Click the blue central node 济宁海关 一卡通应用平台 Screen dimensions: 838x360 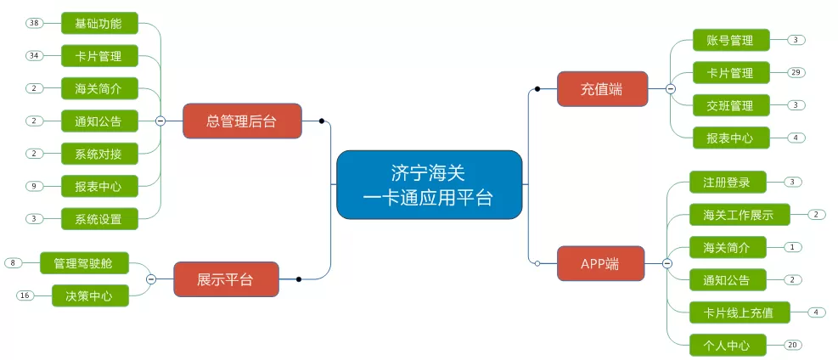click(429, 185)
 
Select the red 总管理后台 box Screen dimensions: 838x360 click(242, 121)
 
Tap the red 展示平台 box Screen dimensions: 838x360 click(226, 279)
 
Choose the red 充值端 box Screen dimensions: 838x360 click(602, 88)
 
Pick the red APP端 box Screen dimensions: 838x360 click(601, 263)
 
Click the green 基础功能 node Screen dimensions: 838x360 click(99, 23)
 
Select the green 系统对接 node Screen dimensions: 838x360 click(99, 154)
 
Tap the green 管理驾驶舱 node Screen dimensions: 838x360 click(84, 263)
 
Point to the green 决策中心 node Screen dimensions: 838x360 click(90, 296)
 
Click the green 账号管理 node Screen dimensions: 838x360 click(731, 40)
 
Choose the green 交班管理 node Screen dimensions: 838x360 click(731, 105)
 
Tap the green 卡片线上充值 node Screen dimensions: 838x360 click(740, 312)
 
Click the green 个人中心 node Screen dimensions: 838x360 click(728, 345)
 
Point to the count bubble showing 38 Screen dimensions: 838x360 click(35, 23)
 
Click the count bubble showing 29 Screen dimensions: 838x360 click(796, 73)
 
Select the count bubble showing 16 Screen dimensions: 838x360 click(25, 296)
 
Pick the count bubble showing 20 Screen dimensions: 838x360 click(792, 345)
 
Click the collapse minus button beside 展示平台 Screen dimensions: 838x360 click(151, 279)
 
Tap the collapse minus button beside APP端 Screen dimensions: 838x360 click(667, 263)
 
